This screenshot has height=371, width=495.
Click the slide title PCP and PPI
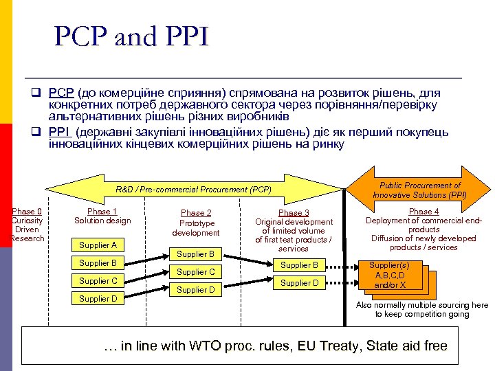(131, 37)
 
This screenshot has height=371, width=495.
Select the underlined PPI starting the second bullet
(59, 132)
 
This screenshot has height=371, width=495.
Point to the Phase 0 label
(27, 212)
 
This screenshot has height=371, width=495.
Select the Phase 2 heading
(196, 213)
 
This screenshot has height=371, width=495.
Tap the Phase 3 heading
(294, 213)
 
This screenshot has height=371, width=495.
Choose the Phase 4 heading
(423, 212)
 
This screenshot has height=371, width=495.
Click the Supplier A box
(98, 245)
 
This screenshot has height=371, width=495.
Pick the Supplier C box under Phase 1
(98, 281)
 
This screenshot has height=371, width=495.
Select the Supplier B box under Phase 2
(196, 254)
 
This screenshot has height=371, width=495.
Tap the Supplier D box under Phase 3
(299, 282)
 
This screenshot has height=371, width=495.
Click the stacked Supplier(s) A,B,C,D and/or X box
(388, 275)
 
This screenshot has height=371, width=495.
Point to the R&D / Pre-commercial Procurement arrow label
(193, 189)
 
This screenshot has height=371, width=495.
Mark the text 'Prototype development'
(196, 228)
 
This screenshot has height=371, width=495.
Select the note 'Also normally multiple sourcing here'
(421, 305)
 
